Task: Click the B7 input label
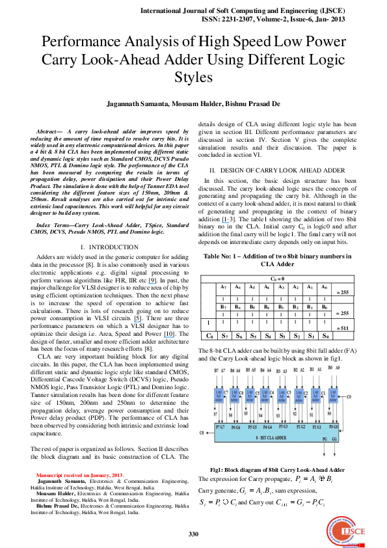[217, 371]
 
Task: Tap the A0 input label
[337, 368]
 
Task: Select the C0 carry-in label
[349, 396]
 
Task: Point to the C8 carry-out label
[202, 432]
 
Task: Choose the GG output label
[335, 439]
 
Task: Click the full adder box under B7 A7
[218, 394]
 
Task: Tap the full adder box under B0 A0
[332, 394]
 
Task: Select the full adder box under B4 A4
[265, 394]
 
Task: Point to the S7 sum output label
[215, 414]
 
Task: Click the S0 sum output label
[329, 413]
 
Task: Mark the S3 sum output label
[278, 415]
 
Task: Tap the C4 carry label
[272, 392]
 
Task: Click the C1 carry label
[323, 393]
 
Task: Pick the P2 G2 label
[300, 427]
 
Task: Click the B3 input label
[278, 371]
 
